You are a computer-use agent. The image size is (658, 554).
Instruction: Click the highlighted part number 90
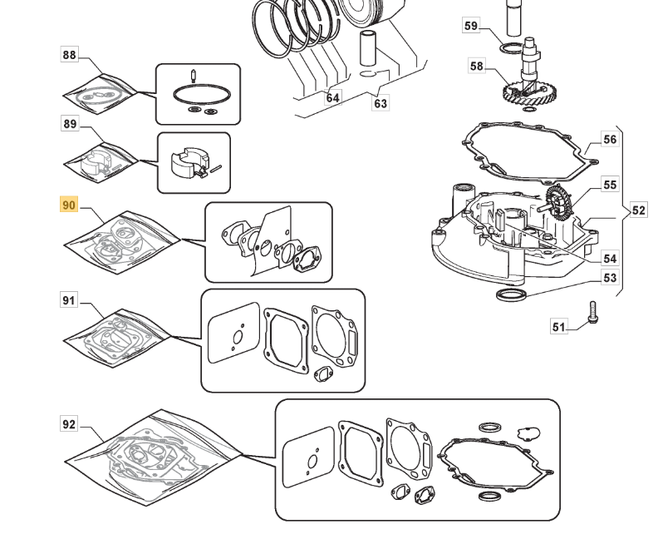pyautogui.click(x=68, y=205)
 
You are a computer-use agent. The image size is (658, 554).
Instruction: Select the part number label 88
pyautogui.click(x=69, y=56)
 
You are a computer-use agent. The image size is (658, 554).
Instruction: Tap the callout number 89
pyautogui.click(x=70, y=124)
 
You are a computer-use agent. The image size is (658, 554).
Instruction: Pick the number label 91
pyautogui.click(x=69, y=300)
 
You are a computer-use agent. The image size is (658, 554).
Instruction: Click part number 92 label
pyautogui.click(x=69, y=424)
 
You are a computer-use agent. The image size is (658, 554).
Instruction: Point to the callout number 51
pyautogui.click(x=557, y=327)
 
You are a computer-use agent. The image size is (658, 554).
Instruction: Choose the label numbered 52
pyautogui.click(x=638, y=210)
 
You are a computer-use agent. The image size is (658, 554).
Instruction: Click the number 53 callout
pyautogui.click(x=610, y=278)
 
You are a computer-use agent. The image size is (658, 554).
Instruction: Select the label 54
pyautogui.click(x=610, y=259)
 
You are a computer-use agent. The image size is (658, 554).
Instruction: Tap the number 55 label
pyautogui.click(x=610, y=185)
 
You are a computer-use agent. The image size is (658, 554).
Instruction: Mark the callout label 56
pyautogui.click(x=610, y=140)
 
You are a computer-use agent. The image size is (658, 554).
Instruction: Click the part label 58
pyautogui.click(x=476, y=66)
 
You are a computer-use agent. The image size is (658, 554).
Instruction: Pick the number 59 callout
pyautogui.click(x=471, y=26)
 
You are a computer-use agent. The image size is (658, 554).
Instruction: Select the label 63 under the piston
pyautogui.click(x=381, y=103)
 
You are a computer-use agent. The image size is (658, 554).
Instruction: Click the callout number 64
pyautogui.click(x=332, y=97)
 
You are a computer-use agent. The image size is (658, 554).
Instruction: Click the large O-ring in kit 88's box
pyautogui.click(x=197, y=92)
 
